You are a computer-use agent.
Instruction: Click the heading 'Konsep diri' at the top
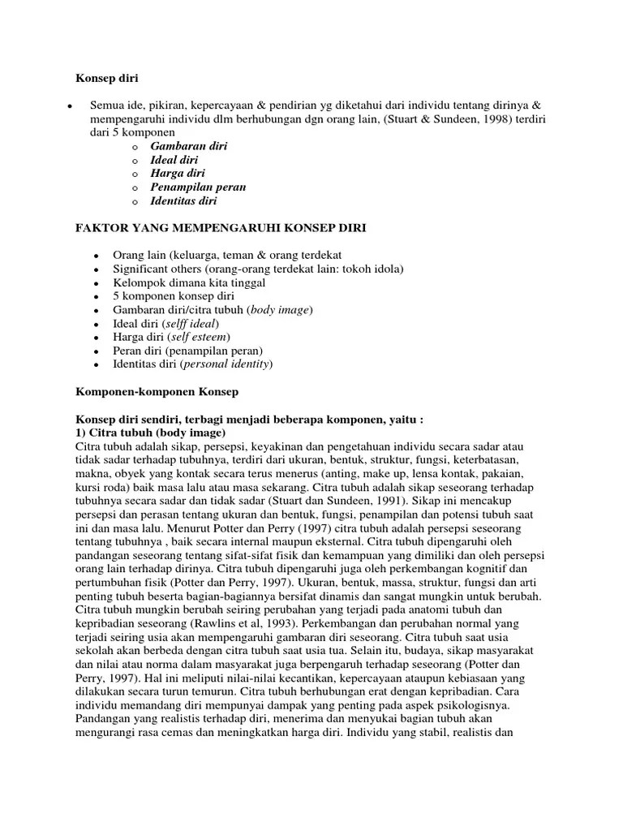coord(106,79)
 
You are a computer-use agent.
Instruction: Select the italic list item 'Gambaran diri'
coord(188,146)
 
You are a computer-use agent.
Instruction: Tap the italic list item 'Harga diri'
coord(177,174)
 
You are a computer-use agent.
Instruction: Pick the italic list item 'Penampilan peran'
coord(198,187)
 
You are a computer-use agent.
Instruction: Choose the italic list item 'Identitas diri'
coord(183,201)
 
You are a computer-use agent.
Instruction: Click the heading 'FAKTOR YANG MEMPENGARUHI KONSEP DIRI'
coord(221,229)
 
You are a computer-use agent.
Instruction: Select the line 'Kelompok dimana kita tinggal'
coord(189,282)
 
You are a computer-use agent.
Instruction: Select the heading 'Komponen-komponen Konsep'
coord(157,392)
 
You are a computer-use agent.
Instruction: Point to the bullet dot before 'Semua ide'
coord(71,106)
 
